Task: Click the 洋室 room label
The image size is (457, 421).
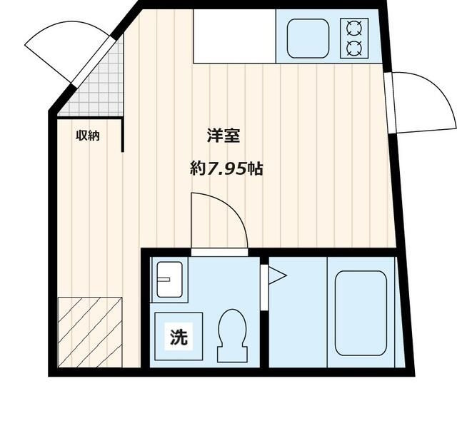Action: (222, 136)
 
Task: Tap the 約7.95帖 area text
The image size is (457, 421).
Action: (226, 169)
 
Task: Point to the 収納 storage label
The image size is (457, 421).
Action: (88, 136)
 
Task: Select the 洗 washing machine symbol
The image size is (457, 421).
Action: (179, 337)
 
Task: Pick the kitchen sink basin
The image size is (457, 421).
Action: (308, 38)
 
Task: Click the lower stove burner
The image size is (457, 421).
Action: (353, 49)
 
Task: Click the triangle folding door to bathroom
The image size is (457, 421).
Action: (276, 275)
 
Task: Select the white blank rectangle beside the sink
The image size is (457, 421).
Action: (233, 36)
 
